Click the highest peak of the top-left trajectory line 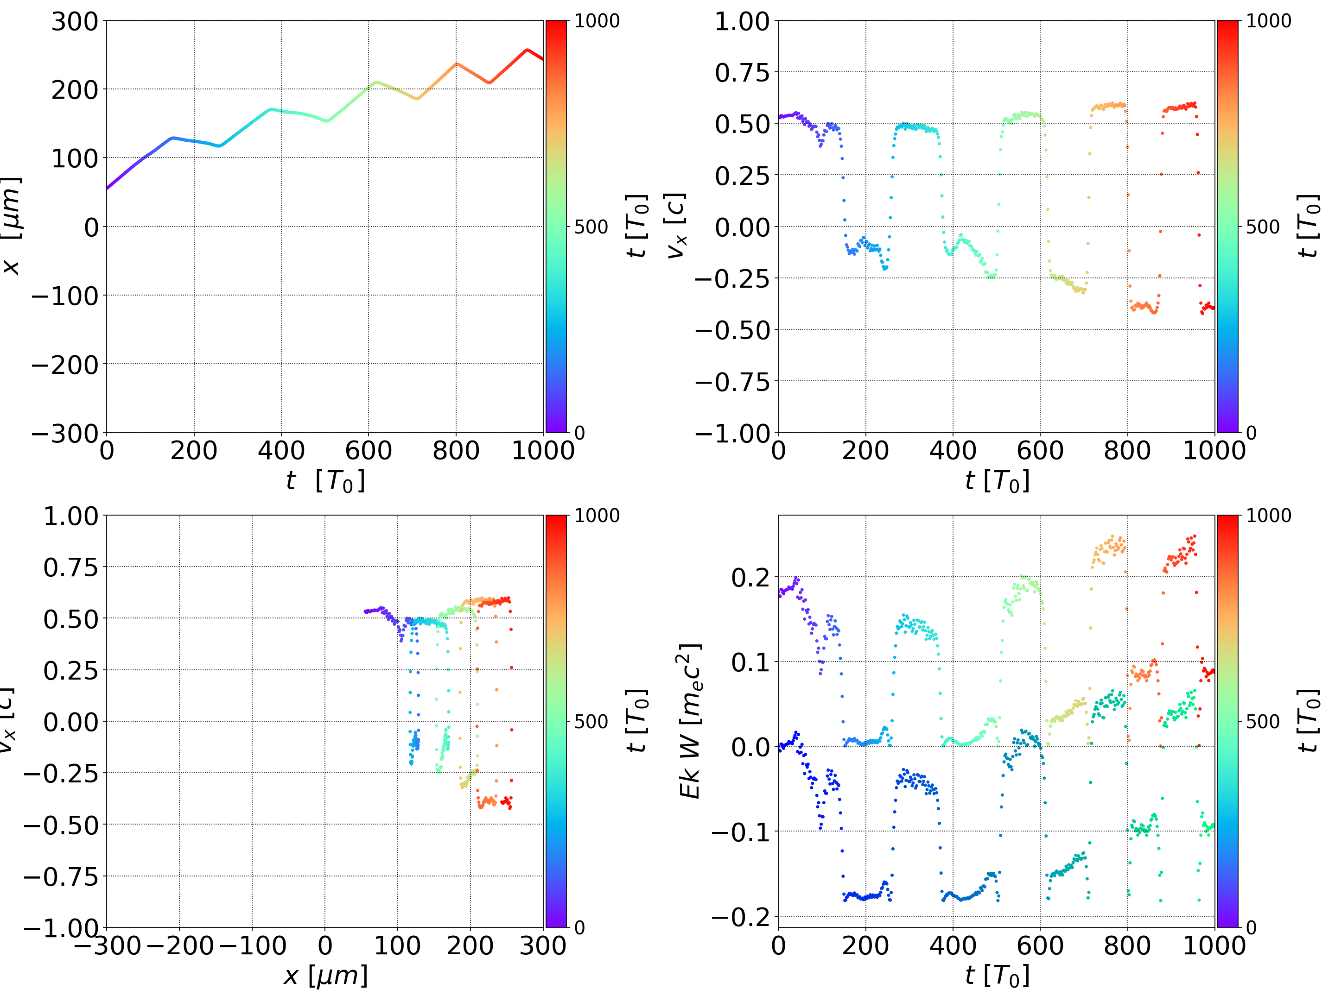point(528,50)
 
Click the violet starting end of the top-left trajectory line point(108,188)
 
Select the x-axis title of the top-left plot point(325,481)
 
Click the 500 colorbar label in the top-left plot point(591,227)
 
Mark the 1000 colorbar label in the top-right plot point(1269,21)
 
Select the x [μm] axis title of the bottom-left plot point(325,976)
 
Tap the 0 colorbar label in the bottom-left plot point(579,927)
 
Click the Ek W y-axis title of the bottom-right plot point(690,721)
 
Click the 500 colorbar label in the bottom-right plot point(1263,721)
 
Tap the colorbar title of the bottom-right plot point(1309,721)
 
